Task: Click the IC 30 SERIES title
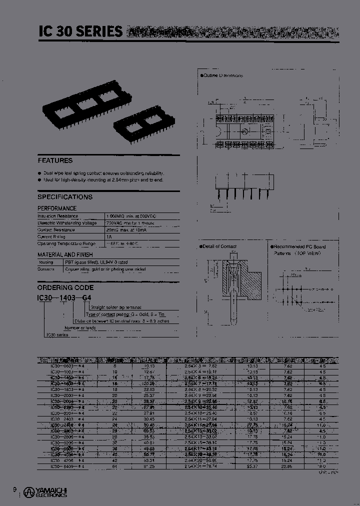80,31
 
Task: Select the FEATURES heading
55,161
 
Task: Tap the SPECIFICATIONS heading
65,197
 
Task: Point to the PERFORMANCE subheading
57,208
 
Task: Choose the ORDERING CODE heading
65,288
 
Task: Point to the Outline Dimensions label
223,75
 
